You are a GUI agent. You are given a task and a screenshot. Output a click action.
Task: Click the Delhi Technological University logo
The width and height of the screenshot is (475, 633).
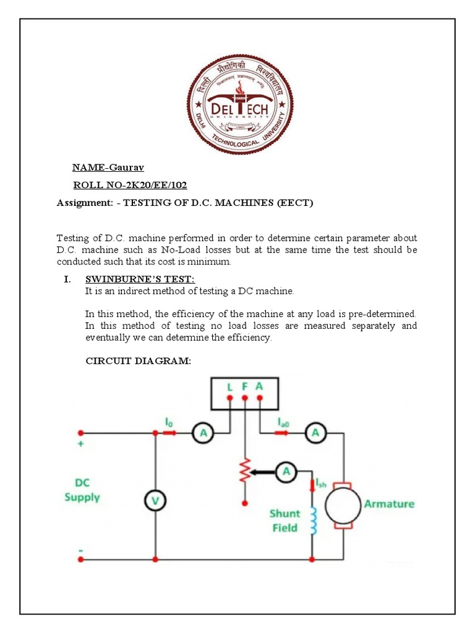[240, 104]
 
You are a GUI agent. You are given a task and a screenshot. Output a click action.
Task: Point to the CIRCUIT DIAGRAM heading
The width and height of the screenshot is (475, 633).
[138, 361]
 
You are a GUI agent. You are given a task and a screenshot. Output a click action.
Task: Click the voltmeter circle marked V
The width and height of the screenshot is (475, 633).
[155, 502]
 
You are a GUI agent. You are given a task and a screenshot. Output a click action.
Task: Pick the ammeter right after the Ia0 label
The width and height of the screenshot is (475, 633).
[315, 435]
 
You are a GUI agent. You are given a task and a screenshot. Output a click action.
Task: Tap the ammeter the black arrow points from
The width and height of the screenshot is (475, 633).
[286, 472]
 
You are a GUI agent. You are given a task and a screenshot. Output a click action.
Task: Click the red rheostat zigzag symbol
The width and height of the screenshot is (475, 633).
[245, 472]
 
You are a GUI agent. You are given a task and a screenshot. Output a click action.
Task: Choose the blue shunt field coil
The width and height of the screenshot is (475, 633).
[313, 520]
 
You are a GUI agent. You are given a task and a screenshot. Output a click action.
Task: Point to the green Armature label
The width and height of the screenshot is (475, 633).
[389, 504]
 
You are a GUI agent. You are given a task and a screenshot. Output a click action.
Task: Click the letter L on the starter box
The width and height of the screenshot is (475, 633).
[230, 386]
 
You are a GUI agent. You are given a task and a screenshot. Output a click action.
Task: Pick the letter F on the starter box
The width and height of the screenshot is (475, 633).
[245, 386]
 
